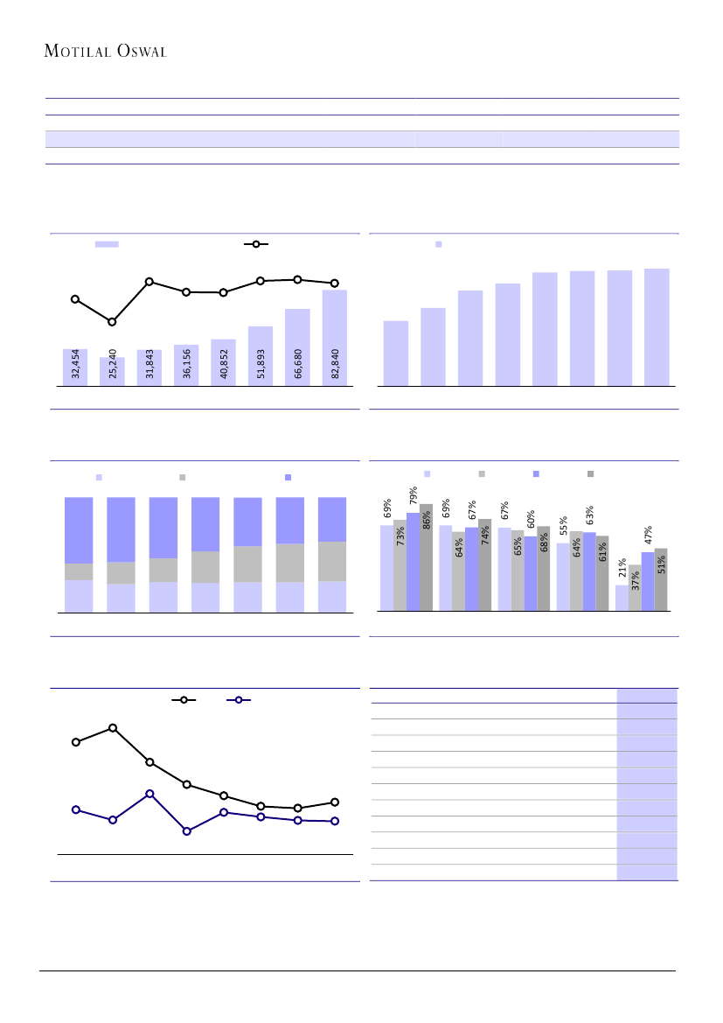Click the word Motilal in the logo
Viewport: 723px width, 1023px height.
tap(76, 52)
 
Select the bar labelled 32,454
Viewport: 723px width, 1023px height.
tap(75, 367)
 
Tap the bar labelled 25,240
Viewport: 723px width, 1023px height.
tap(112, 371)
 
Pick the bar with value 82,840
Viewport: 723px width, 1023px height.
tap(335, 338)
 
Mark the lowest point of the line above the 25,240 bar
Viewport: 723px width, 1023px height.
tap(112, 322)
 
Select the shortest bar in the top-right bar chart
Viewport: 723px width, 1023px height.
tap(396, 353)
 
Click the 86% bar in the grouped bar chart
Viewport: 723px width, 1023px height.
tap(426, 557)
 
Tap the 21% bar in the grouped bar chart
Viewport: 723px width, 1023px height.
tap(622, 598)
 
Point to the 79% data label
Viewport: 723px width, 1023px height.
tap(413, 496)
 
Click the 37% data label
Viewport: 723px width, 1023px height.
tap(636, 579)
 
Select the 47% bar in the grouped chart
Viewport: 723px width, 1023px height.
tap(648, 581)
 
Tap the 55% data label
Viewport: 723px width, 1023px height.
tap(564, 526)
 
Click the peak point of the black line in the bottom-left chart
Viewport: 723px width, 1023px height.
tap(113, 727)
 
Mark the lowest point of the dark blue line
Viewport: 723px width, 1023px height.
tap(186, 830)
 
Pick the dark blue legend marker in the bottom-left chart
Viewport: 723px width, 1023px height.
tap(238, 700)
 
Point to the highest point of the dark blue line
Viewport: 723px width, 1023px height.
tap(149, 793)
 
